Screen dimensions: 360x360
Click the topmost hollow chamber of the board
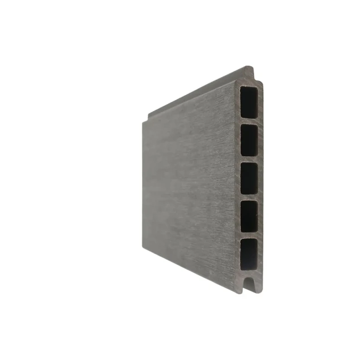tap(249, 102)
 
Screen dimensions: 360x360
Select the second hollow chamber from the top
tap(249, 139)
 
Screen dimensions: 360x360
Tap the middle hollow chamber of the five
tap(249, 178)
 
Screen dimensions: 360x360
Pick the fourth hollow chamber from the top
tap(249, 216)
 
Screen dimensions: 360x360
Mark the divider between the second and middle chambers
tap(249, 158)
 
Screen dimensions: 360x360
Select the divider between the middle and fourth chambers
tap(249, 196)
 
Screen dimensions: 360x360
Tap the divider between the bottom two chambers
tap(249, 234)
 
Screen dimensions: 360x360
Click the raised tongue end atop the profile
tap(250, 72)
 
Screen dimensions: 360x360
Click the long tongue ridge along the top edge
tap(198, 93)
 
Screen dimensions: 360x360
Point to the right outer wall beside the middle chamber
tap(262, 178)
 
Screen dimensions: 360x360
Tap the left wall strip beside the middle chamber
tap(238, 178)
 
